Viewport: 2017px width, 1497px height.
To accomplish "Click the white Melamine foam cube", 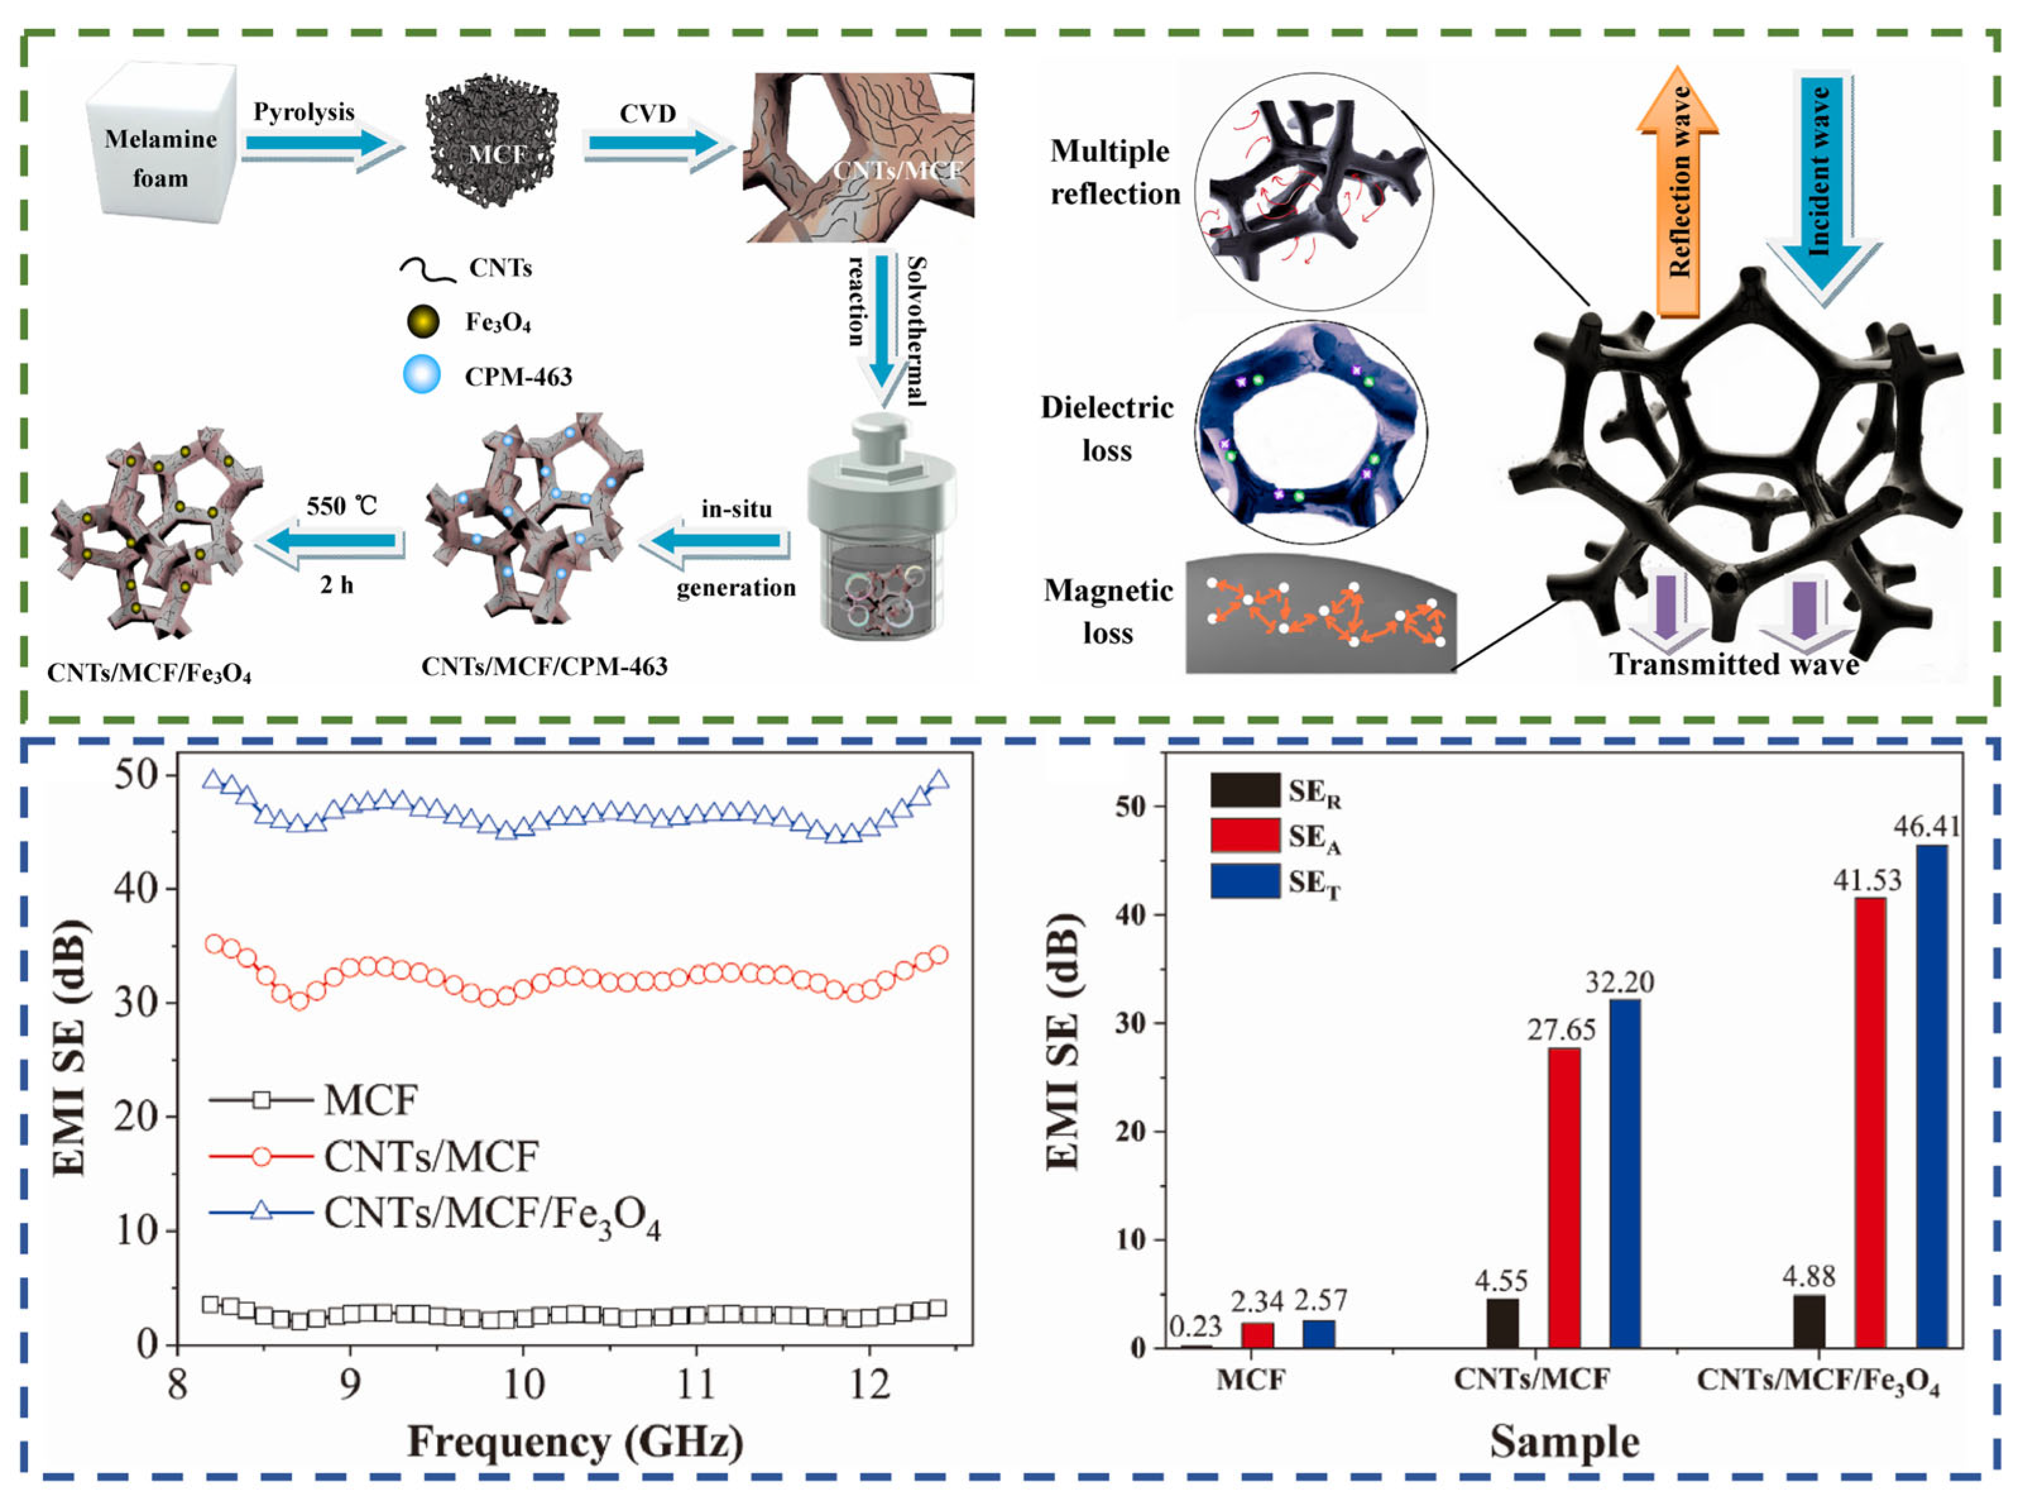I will [x=161, y=142].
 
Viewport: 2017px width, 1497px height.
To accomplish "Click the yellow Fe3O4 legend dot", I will [x=422, y=321].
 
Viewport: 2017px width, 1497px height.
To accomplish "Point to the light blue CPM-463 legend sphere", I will [x=422, y=374].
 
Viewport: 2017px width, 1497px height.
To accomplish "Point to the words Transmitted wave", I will [x=1733, y=664].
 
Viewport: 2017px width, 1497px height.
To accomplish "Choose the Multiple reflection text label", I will [x=1114, y=172].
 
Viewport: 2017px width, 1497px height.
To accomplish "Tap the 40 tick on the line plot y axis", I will [x=136, y=888].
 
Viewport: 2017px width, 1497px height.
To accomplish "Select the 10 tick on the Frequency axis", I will [x=523, y=1385].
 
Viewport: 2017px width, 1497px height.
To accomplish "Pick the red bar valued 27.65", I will [x=1564, y=1196].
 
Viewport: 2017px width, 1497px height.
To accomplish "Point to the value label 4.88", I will [x=1809, y=1276].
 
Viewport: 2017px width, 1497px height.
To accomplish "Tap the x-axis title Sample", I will [x=1565, y=1441].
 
